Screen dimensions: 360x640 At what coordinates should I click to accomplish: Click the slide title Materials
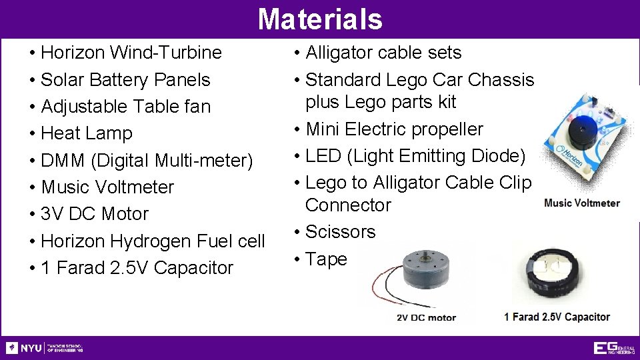(x=320, y=19)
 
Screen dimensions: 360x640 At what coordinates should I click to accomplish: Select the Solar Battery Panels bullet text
(x=125, y=79)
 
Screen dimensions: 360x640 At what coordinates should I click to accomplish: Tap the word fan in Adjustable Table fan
(x=197, y=106)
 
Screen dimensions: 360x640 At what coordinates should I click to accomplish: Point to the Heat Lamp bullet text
(x=87, y=133)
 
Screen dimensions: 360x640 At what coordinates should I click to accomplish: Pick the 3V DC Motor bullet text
(x=95, y=214)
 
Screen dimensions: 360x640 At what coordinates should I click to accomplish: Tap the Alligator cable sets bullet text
(x=383, y=52)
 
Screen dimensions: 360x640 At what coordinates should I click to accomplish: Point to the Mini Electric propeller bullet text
(x=394, y=129)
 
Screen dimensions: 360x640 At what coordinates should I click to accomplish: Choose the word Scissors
(x=340, y=232)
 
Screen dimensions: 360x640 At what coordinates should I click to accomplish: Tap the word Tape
(x=326, y=259)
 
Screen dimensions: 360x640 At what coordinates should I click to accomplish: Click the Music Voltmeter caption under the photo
(x=582, y=203)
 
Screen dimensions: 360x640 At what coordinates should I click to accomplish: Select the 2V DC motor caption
(x=427, y=317)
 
